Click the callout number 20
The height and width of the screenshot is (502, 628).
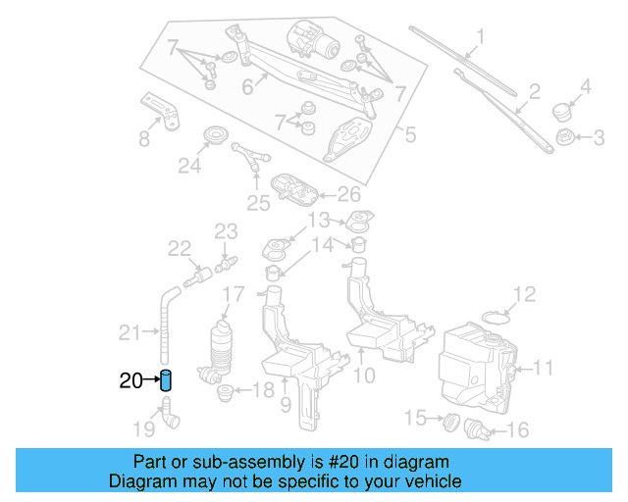131,381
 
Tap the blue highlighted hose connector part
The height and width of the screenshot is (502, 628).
167,380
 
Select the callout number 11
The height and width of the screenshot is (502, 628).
545,369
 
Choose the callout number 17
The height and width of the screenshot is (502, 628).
233,294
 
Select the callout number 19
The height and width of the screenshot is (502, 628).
143,427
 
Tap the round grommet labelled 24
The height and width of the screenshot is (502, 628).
213,135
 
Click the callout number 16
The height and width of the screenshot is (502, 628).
517,429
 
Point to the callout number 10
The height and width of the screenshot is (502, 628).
364,375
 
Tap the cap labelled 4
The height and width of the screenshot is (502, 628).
562,109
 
